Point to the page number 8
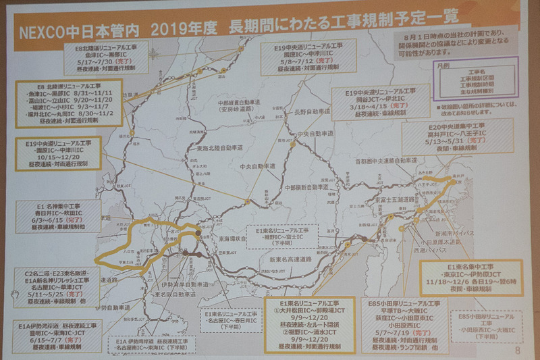pos(516,351)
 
